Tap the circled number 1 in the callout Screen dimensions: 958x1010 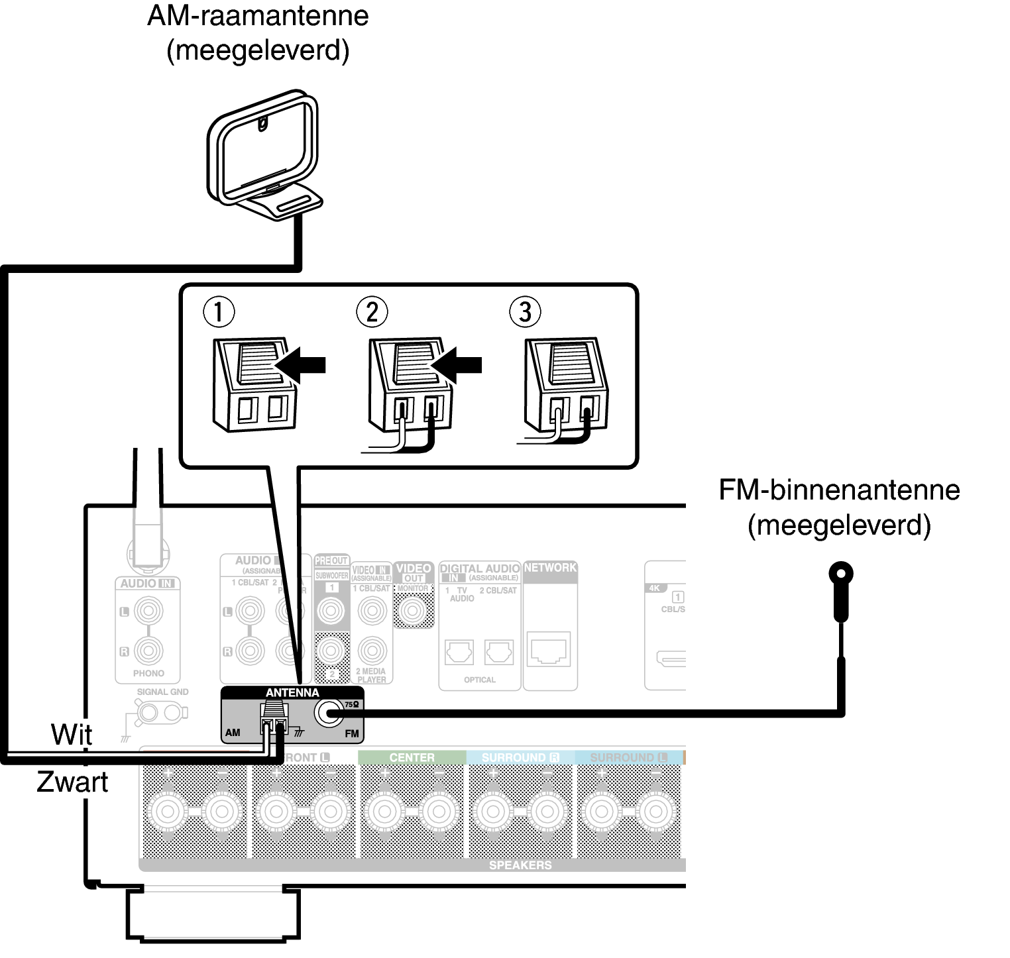tap(219, 311)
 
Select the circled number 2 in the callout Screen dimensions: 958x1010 tap(372, 311)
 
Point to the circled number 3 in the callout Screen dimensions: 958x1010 tap(525, 311)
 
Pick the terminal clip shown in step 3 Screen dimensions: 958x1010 tap(563, 388)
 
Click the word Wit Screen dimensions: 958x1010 tap(72, 734)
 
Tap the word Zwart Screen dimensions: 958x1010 tap(72, 782)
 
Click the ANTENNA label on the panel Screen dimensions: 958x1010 tap(292, 693)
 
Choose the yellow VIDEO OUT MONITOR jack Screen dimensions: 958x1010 tap(413, 610)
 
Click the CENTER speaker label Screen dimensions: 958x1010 tap(412, 757)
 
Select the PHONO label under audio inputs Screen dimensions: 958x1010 tap(148, 673)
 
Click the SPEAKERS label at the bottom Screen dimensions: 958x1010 tap(520, 865)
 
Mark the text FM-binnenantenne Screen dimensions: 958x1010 tap(839, 490)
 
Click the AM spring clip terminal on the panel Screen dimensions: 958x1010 tap(274, 719)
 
